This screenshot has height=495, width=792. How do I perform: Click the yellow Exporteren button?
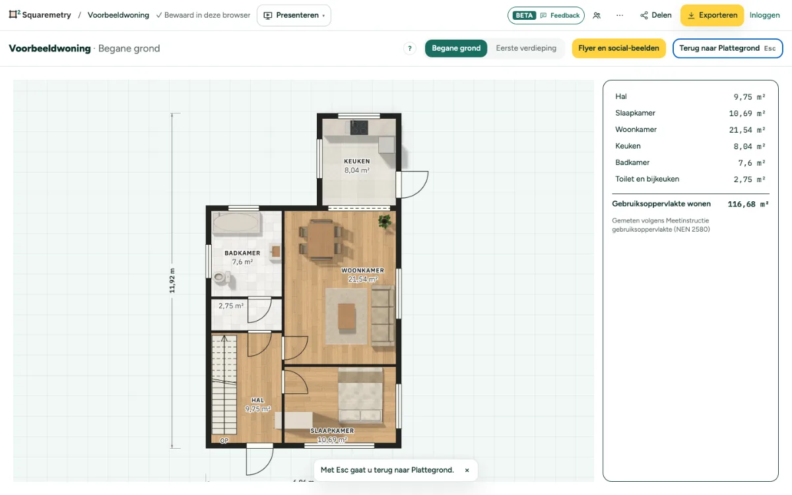[712, 15]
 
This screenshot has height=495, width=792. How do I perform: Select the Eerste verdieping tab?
[526, 48]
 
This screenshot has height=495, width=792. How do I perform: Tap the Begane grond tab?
[456, 48]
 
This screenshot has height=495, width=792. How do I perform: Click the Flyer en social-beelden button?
[619, 48]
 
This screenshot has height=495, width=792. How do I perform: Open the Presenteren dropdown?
[294, 15]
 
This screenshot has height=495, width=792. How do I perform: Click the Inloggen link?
[764, 15]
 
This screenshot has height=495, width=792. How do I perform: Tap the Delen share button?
[656, 15]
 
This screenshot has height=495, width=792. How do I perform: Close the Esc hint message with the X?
[467, 470]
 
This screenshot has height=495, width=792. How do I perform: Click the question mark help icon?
[409, 48]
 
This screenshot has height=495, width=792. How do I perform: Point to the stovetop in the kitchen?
[359, 127]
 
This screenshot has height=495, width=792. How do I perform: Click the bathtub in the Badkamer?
[236, 223]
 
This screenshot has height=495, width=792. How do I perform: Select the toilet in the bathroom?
[221, 277]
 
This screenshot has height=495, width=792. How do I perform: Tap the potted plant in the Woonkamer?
[384, 222]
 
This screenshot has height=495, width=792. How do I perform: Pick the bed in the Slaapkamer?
[360, 395]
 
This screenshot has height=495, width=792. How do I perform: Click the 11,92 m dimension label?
[172, 280]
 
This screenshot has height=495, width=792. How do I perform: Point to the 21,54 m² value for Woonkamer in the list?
[747, 130]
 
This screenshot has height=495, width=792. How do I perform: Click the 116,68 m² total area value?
[748, 204]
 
